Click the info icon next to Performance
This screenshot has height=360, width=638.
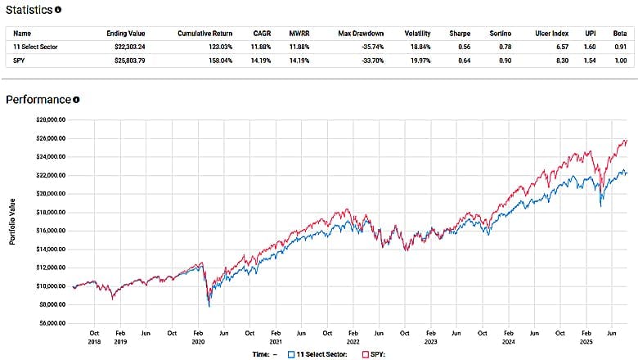(x=76, y=100)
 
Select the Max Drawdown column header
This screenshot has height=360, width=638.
(x=360, y=34)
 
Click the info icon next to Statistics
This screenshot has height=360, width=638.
(x=58, y=11)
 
